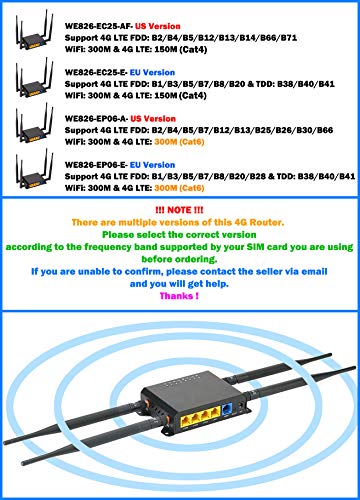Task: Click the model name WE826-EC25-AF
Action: [99, 26]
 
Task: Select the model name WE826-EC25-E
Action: [96, 73]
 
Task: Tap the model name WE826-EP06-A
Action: [97, 119]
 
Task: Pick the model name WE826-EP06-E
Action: [96, 165]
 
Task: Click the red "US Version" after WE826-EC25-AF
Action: [158, 26]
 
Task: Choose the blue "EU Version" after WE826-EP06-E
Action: [152, 165]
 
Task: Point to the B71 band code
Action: [289, 38]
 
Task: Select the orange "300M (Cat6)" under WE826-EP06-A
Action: [179, 142]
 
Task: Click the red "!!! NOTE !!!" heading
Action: [179, 210]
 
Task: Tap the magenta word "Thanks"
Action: [177, 296]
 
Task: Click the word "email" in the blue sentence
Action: [314, 271]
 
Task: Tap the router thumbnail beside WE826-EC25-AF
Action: [34, 30]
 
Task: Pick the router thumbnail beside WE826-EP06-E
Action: [34, 169]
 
